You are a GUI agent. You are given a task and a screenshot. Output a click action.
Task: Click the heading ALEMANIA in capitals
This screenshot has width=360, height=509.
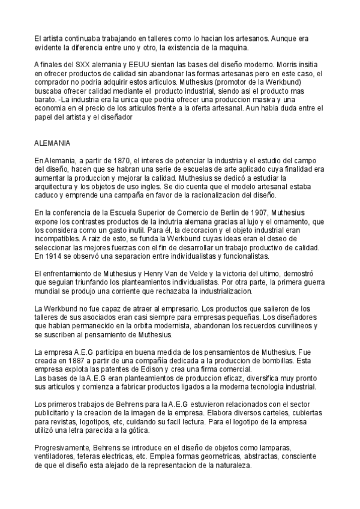(53, 144)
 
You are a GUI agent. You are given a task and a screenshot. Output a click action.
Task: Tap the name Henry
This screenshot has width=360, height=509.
(161, 273)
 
